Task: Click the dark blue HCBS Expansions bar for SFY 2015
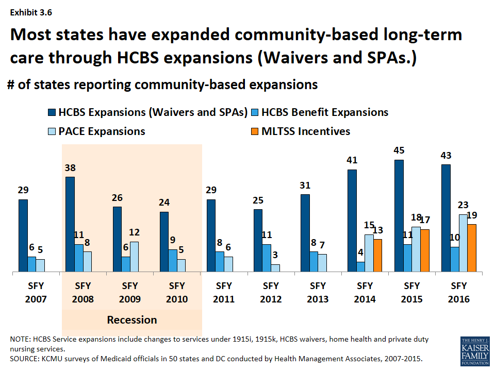(x=399, y=216)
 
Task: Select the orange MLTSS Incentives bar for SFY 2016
(x=471, y=248)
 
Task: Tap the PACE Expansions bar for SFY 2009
(x=135, y=257)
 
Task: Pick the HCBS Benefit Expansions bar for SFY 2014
(x=361, y=267)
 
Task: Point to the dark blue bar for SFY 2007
(x=23, y=235)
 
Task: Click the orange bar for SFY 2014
(x=377, y=256)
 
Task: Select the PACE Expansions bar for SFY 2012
(x=275, y=268)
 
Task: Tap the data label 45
(x=399, y=151)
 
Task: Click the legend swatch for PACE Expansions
(x=51, y=131)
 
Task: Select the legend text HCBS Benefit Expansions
(x=325, y=112)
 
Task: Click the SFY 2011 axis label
(x=224, y=292)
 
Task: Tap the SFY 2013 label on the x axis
(x=318, y=292)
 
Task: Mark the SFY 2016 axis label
(x=459, y=292)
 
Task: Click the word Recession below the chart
(x=131, y=320)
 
